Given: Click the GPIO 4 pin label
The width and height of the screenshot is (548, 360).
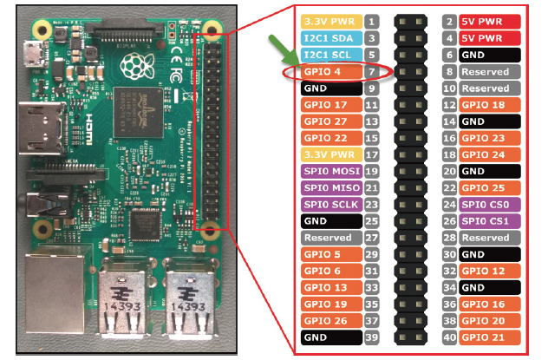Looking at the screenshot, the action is (331, 72).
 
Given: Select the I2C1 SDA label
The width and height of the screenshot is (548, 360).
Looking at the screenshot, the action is (331, 38).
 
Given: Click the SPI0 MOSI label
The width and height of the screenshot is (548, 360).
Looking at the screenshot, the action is (331, 171).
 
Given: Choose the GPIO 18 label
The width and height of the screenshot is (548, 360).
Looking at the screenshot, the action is (489, 105).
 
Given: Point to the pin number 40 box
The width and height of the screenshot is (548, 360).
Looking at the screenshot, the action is (449, 337).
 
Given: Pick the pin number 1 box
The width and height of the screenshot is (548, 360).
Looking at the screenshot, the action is (371, 22).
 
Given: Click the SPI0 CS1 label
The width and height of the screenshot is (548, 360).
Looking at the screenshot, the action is (489, 221).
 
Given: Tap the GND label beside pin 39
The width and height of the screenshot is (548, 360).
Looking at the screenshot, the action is (331, 337).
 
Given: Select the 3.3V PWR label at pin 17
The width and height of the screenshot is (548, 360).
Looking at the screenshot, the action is (331, 154).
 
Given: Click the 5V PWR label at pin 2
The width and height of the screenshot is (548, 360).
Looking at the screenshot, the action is (489, 22).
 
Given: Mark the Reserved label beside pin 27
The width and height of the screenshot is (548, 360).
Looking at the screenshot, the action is (331, 238).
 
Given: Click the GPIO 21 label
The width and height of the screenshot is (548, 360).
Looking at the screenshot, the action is (489, 337).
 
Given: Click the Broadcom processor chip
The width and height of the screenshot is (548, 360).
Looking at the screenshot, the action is (139, 112).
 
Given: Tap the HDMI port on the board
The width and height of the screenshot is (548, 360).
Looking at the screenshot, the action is (42, 128).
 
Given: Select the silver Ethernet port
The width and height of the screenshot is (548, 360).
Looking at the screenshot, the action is (55, 294).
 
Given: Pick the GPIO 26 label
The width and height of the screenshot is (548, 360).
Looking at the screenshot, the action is (331, 321).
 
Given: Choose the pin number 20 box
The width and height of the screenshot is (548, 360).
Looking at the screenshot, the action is (449, 171).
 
